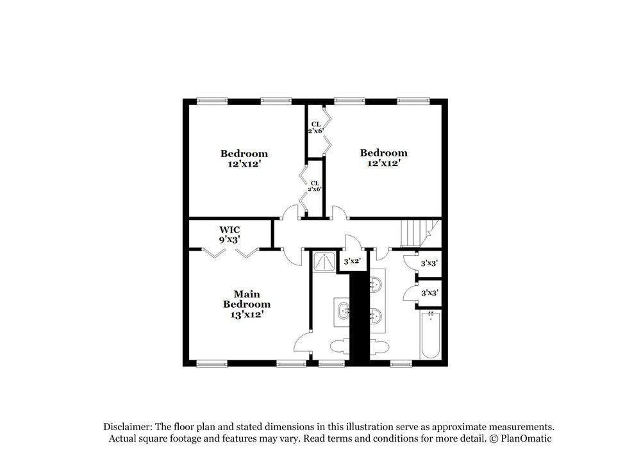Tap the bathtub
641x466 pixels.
(430, 335)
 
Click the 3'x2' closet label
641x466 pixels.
(353, 262)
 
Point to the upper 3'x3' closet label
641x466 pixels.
(429, 263)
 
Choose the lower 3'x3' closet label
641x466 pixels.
(429, 293)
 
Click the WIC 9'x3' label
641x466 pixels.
(229, 234)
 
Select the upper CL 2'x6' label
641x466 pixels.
(315, 127)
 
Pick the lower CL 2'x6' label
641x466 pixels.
(315, 186)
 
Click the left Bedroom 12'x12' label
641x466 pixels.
(244, 158)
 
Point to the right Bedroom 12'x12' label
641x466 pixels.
(383, 158)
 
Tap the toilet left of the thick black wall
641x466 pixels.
(340, 347)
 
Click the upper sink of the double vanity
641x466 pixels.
(378, 283)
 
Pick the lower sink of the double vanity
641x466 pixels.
(378, 315)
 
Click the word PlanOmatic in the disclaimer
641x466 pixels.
(525, 438)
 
